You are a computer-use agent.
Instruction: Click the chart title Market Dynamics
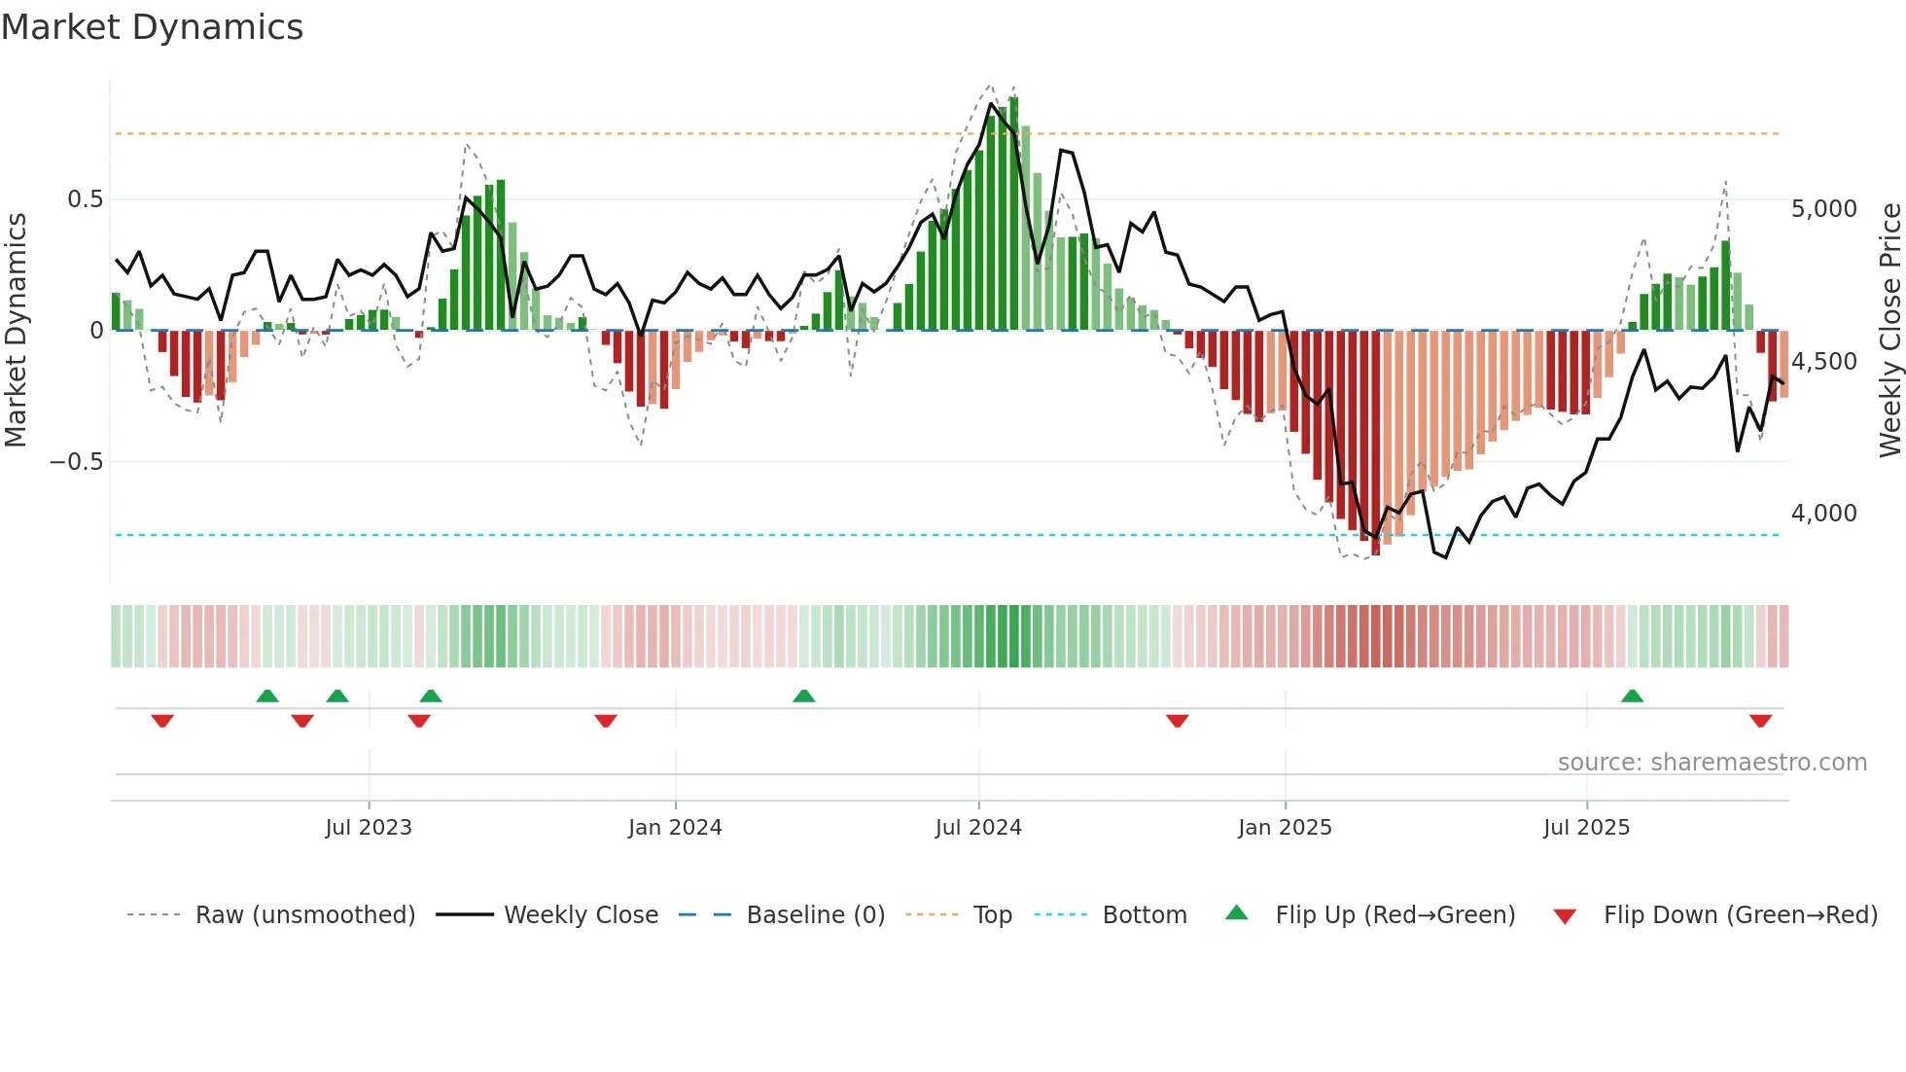pos(152,27)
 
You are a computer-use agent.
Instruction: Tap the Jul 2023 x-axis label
pos(369,828)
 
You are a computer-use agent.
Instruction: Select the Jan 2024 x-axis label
pos(675,828)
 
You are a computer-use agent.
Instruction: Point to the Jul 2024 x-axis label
pos(978,828)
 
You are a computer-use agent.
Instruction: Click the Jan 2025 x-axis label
pos(1285,828)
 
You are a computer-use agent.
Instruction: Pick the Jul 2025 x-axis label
pos(1586,828)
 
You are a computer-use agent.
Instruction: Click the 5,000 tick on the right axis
pos(1823,209)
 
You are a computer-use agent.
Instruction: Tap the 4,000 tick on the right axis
pos(1823,514)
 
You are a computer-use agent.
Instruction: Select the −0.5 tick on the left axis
pos(77,462)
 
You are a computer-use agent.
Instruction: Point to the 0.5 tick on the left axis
pos(85,199)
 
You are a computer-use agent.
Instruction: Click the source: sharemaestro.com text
pos(1712,763)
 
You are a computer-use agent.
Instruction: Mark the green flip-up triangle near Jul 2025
pos(1632,697)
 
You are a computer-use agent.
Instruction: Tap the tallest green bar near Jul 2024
pos(1013,214)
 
